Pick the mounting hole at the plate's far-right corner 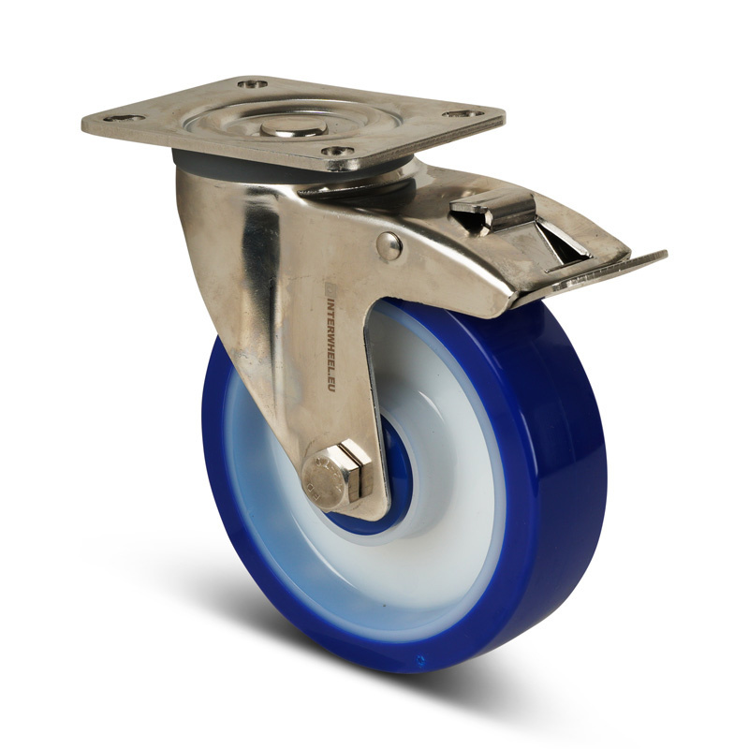(461, 114)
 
